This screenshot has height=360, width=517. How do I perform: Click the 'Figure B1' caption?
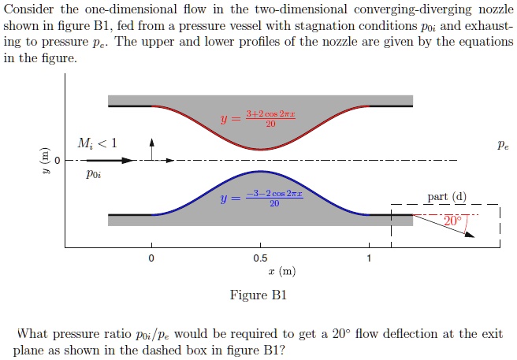tap(258, 296)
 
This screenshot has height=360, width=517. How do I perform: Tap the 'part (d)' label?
tap(447, 197)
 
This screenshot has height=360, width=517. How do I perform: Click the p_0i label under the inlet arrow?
tap(93, 176)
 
